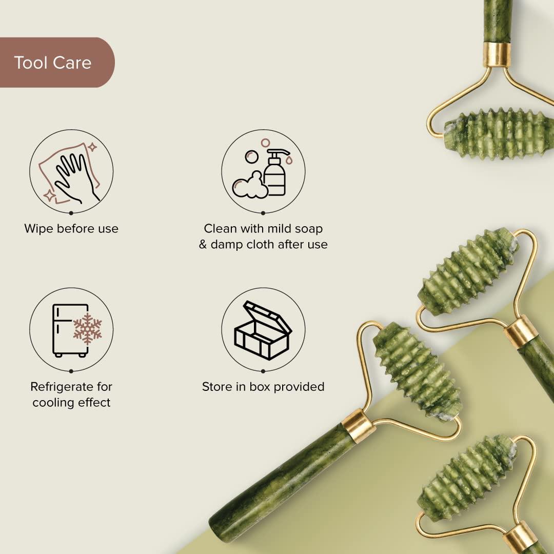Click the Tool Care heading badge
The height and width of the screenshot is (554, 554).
[53, 63]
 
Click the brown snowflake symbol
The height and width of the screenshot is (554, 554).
[87, 328]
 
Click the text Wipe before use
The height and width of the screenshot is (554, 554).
[71, 229]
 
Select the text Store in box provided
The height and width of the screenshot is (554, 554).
[263, 386]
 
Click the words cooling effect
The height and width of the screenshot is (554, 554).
[71, 403]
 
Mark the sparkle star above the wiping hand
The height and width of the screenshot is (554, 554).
[92, 147]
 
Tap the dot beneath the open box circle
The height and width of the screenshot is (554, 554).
[263, 370]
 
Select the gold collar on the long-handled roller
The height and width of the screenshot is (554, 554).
[358, 426]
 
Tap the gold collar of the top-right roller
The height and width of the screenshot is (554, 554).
[497, 54]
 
